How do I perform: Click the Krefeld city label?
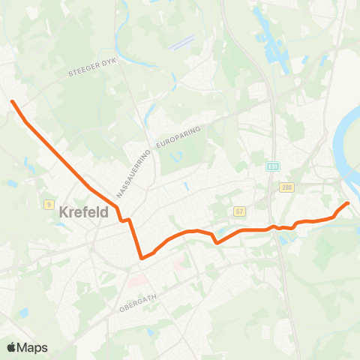[83, 213]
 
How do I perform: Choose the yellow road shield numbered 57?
[239, 211]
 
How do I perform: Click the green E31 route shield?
[272, 166]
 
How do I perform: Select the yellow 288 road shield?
[286, 187]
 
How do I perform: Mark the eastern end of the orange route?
[347, 203]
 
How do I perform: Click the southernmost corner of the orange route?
[141, 258]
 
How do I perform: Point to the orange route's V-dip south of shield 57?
[216, 242]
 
